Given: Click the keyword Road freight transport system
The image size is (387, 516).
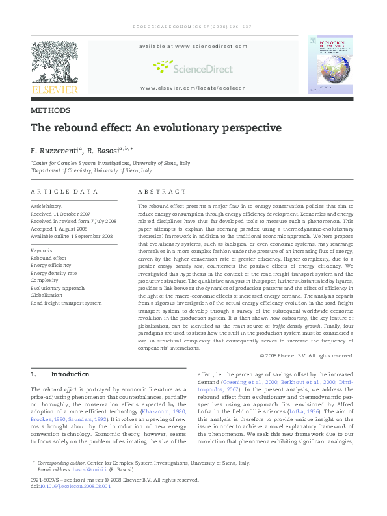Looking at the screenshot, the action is click(x=66, y=303).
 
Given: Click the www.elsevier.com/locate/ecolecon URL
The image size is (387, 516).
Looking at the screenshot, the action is click(x=193, y=87).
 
